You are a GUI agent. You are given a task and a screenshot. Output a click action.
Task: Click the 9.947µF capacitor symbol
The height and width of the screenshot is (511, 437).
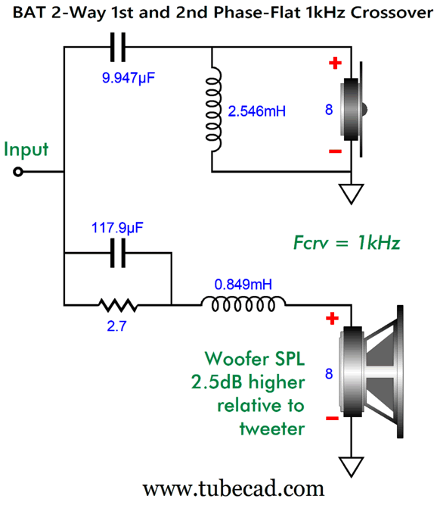pyautogui.click(x=118, y=47)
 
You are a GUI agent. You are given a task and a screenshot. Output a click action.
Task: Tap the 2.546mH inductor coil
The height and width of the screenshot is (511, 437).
pyautogui.click(x=213, y=109)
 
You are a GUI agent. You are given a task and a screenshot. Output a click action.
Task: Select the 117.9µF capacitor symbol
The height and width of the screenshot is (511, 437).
pyautogui.click(x=118, y=253)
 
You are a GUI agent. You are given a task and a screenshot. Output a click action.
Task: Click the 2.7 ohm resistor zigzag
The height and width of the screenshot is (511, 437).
pyautogui.click(x=118, y=305)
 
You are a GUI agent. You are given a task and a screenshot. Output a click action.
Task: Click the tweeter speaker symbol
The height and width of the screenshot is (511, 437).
pyautogui.click(x=353, y=109)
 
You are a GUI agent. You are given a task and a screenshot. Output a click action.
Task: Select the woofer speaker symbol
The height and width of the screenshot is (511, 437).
pyautogui.click(x=371, y=372)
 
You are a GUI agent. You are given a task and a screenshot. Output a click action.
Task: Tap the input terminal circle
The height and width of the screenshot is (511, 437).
pyautogui.click(x=18, y=172)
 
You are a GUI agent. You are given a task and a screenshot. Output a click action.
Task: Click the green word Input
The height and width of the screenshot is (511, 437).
pyautogui.click(x=26, y=150)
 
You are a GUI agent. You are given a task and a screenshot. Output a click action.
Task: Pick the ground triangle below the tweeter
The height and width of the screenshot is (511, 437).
pyautogui.click(x=351, y=194)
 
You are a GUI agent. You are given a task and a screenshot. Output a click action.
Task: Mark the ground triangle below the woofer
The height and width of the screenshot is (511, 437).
pyautogui.click(x=351, y=466)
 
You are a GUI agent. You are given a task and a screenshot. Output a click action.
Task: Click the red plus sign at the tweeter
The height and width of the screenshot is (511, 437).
pyautogui.click(x=335, y=63)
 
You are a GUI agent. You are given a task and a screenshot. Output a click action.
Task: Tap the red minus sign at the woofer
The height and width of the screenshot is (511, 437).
pyautogui.click(x=332, y=418)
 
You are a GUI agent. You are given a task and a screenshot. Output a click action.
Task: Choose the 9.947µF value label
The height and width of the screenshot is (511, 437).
pyautogui.click(x=129, y=78)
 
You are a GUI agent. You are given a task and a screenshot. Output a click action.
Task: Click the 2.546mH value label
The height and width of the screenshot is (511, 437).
pyautogui.click(x=257, y=111)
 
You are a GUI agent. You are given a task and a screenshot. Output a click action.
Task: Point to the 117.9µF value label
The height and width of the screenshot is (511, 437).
pyautogui.click(x=117, y=228)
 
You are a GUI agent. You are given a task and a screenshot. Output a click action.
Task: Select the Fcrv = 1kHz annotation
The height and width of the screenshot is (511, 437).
pyautogui.click(x=346, y=243)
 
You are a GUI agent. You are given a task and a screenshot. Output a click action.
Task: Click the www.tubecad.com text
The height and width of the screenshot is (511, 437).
pyautogui.click(x=234, y=488)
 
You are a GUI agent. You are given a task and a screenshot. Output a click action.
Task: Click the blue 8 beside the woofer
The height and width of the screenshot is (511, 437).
pyautogui.click(x=329, y=373)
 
